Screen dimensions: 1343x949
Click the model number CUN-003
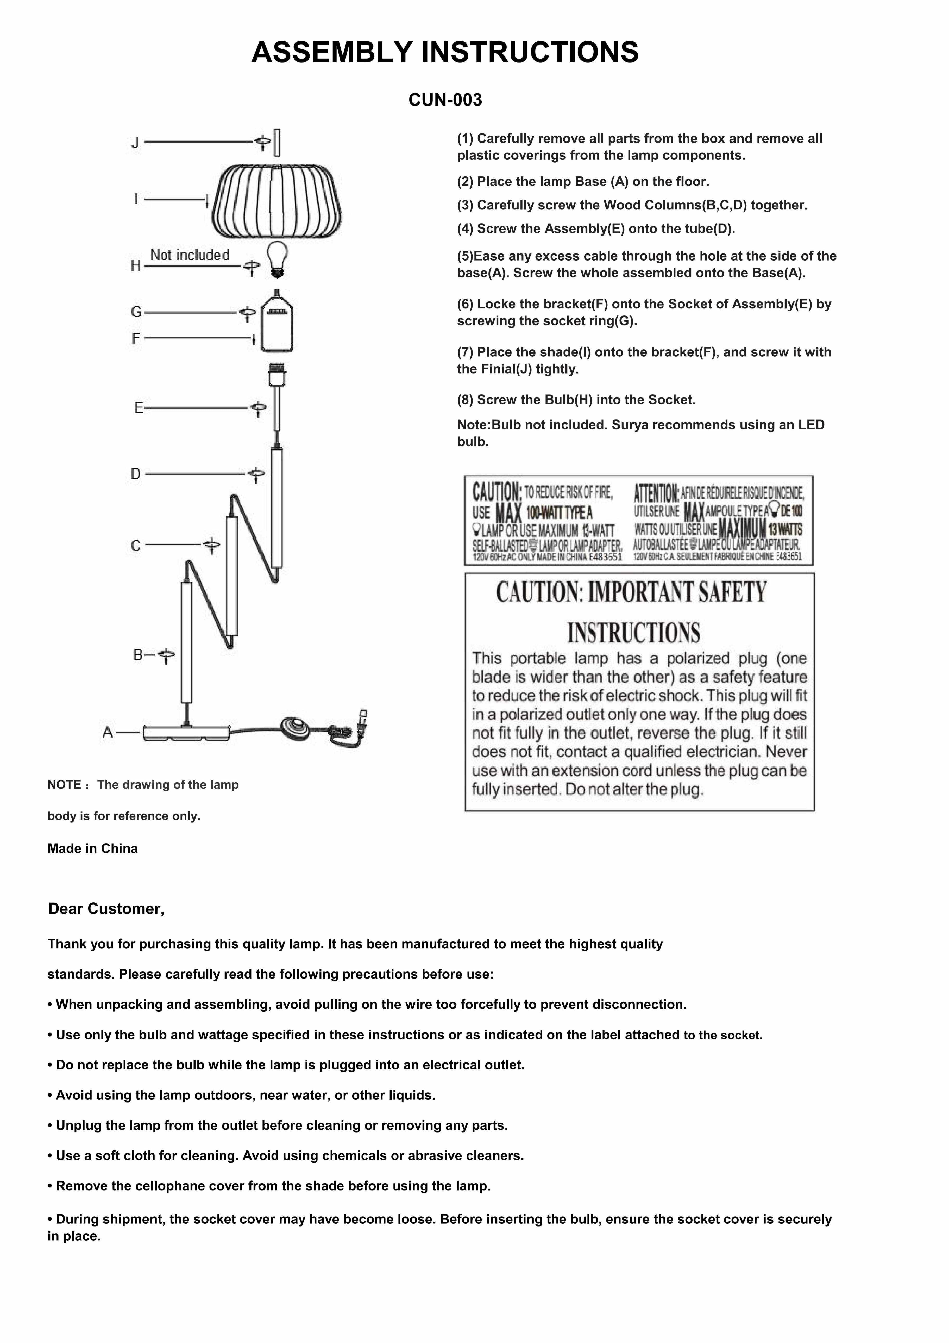(445, 100)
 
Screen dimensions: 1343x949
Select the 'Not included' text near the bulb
(190, 255)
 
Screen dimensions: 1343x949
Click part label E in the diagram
(139, 408)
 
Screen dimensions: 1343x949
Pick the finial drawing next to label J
(277, 143)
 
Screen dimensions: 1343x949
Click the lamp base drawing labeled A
(186, 733)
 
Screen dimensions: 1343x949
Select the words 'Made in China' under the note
(92, 849)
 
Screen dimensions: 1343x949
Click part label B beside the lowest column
(138, 655)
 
